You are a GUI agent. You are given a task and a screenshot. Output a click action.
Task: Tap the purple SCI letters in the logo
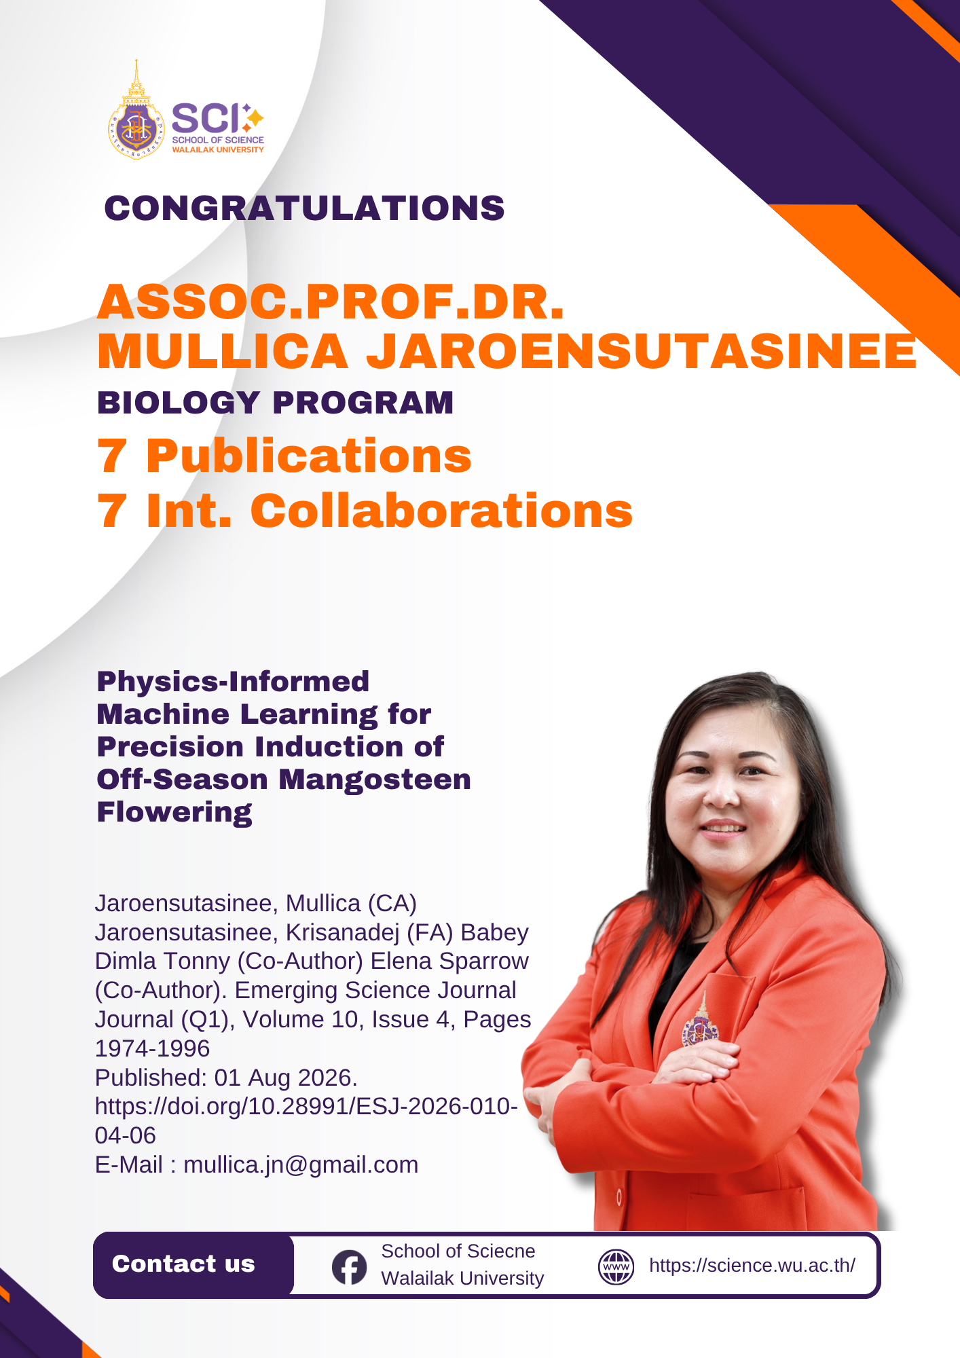[x=206, y=118]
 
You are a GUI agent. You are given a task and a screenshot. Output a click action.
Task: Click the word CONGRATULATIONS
[x=304, y=208]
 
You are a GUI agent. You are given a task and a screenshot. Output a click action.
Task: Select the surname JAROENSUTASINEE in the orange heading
[x=642, y=351]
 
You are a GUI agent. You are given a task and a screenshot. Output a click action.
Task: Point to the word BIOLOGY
[x=179, y=403]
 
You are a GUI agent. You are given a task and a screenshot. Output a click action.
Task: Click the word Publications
[x=309, y=456]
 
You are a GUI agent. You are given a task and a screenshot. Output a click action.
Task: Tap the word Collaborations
[x=441, y=510]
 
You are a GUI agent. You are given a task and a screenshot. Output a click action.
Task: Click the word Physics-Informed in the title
[x=233, y=681]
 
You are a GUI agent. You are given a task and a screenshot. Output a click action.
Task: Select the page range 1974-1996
[x=152, y=1048]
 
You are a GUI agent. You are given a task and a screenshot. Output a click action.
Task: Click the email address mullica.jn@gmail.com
[x=301, y=1164]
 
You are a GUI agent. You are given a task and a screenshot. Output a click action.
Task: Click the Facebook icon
[x=349, y=1267]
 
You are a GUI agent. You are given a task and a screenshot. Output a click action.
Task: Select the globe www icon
[x=616, y=1267]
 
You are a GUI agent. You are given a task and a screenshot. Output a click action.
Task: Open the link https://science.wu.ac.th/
[x=752, y=1266]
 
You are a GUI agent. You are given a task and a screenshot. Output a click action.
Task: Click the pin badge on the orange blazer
[x=701, y=1023]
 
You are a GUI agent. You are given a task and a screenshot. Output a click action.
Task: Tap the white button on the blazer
[x=619, y=1198]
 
